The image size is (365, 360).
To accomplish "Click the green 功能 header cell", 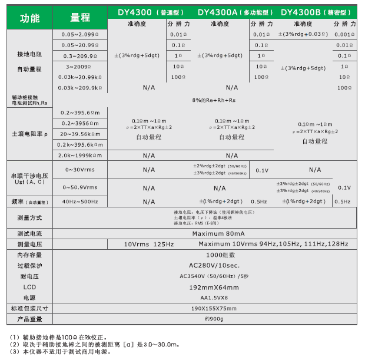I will pyautogui.click(x=29, y=18).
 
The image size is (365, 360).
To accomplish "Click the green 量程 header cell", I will pyautogui.click(x=79, y=18).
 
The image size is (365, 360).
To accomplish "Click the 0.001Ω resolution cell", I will pyautogui.click(x=344, y=35).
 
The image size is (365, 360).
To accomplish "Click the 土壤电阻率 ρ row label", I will pyautogui.click(x=29, y=134).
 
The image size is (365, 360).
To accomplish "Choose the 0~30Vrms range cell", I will pyautogui.click(x=79, y=170).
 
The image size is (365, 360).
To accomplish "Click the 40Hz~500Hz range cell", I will pyautogui.click(x=79, y=202).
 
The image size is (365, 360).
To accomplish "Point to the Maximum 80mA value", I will pyautogui.click(x=207, y=234).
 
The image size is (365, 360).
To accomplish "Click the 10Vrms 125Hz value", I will pyautogui.click(x=149, y=244).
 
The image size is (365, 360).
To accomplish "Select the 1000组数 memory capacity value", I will pyautogui.click(x=207, y=255).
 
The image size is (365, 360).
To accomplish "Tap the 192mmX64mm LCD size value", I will pyautogui.click(x=207, y=287).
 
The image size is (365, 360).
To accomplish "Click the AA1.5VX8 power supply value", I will pyautogui.click(x=207, y=298).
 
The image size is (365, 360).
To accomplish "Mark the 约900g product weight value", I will pyautogui.click(x=207, y=319).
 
